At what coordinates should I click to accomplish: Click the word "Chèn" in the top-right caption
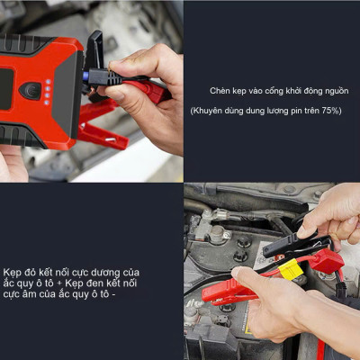(x=220, y=91)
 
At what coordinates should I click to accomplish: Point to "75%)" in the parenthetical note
(x=329, y=111)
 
